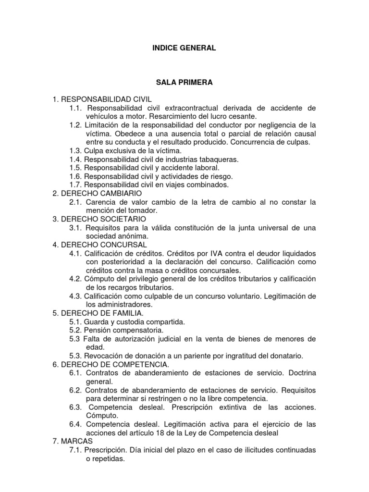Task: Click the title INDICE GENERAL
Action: pos(184,48)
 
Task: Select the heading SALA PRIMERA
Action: pos(184,83)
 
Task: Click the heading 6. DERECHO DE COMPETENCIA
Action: pos(108,365)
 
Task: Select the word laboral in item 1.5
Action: pos(206,168)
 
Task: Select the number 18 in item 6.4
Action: pos(167,432)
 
